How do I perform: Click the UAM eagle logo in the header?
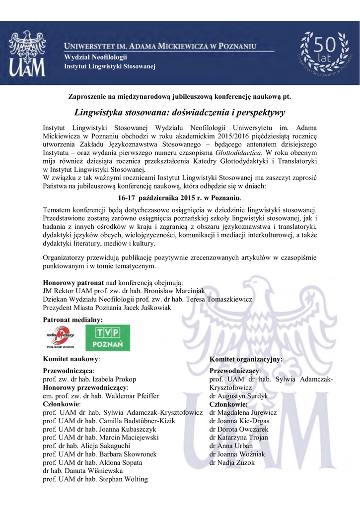pos(28,53)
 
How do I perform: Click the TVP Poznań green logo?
pos(108,338)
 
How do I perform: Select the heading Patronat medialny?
pos(73,320)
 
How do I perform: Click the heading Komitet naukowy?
pos(72,358)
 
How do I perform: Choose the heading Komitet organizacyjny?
pos(246,358)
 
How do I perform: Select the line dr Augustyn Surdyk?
pos(238,396)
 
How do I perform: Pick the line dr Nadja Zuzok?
pos(232,462)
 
